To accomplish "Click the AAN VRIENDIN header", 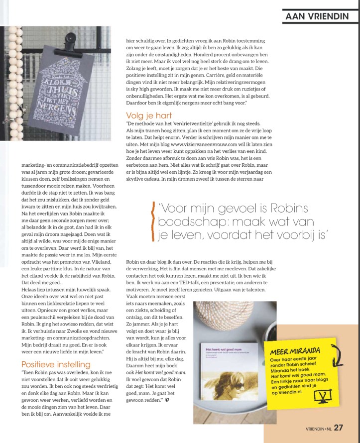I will click(317, 16).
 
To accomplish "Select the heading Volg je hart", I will click(149, 116).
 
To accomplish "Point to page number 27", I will click(339, 428).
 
